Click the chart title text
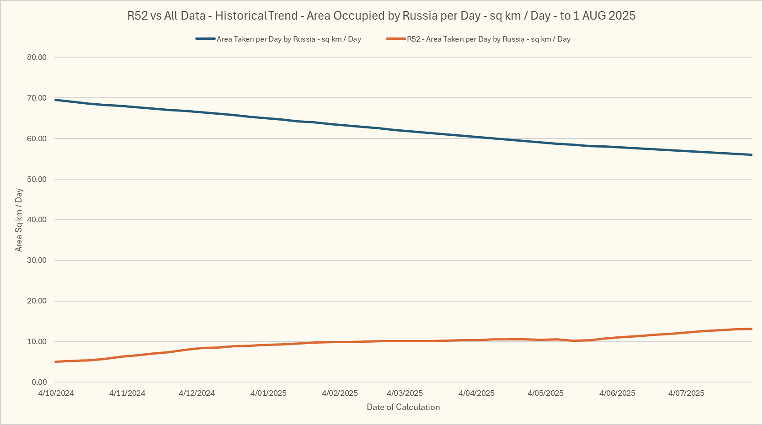[381, 16]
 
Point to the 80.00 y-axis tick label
[37, 57]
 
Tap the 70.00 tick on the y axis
[37, 98]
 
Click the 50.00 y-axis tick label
[37, 179]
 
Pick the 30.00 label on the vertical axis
[37, 260]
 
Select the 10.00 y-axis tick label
[37, 341]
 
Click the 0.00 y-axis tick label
[39, 382]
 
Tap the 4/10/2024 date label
[56, 393]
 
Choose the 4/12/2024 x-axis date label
[197, 393]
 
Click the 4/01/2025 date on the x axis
[268, 393]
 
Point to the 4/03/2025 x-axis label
[405, 393]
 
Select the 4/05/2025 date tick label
[545, 393]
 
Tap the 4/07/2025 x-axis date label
[686, 393]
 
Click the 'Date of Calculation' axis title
[403, 407]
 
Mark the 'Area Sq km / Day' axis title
[19, 220]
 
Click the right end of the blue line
[751, 155]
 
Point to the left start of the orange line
[56, 361]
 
